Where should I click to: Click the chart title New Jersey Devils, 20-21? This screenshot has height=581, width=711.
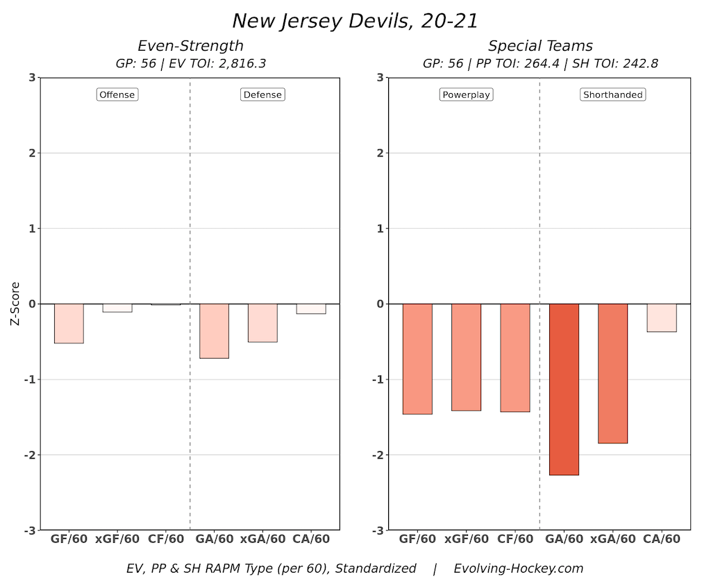pos(355,21)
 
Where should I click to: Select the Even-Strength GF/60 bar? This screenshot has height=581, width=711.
pos(69,323)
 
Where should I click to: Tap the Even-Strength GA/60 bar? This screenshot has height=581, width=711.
pos(214,331)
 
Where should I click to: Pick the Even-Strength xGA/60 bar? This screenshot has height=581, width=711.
pos(262,322)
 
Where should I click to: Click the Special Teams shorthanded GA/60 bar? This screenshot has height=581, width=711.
pos(564,389)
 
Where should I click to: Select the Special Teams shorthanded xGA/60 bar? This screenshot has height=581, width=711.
pos(612,373)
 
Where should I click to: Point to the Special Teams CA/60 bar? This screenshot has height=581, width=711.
pos(661,318)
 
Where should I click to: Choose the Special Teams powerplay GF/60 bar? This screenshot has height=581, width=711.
pos(417,359)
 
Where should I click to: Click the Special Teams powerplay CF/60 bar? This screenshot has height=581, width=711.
pos(515,358)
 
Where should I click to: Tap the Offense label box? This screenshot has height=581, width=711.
pos(117,95)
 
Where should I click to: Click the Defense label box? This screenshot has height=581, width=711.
pos(263,95)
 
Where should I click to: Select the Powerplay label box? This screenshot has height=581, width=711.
pos(466,95)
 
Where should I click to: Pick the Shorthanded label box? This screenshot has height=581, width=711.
pos(613,95)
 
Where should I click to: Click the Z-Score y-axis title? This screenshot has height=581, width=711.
pos(15,304)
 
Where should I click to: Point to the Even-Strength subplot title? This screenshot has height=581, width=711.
pos(190,46)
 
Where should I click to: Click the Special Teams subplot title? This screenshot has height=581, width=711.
pos(540,46)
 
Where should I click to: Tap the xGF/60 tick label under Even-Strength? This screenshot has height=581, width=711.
pos(117,539)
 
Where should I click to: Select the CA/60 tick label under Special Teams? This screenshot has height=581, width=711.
pos(662,539)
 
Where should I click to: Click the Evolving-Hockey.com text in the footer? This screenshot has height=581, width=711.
pos(519,568)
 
